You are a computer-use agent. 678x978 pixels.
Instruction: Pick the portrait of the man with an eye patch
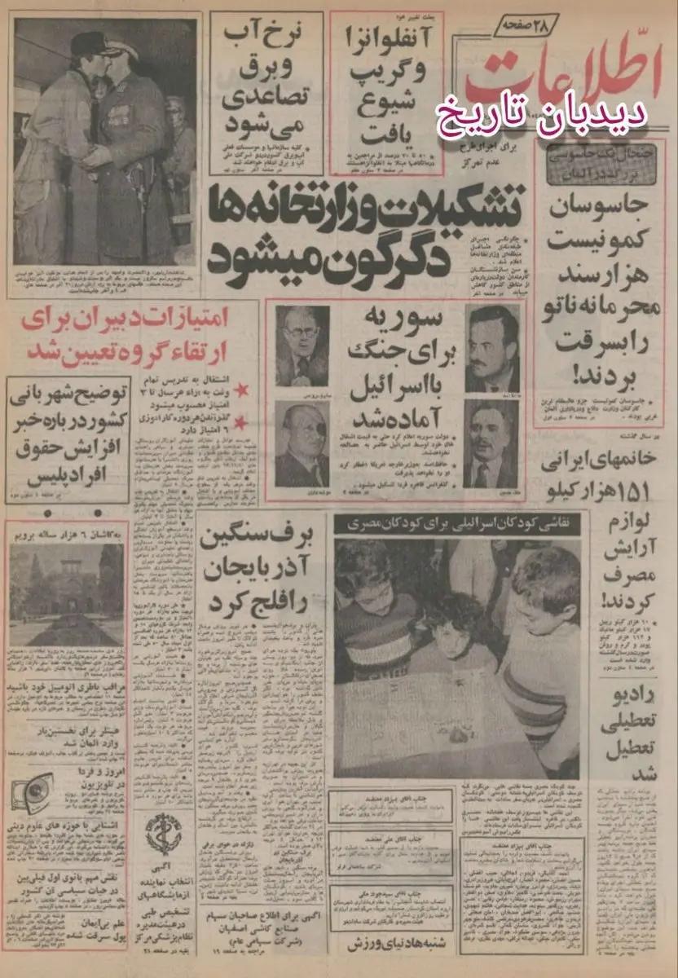tap(302, 445)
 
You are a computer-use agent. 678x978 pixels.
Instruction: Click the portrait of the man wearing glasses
tap(302, 346)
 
